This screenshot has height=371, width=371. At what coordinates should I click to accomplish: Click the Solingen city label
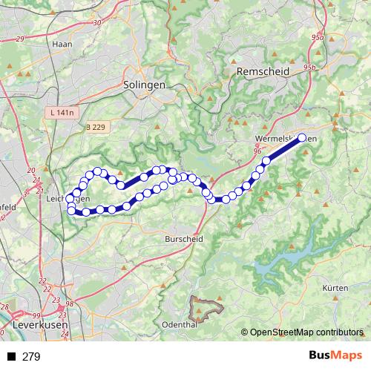click(x=145, y=85)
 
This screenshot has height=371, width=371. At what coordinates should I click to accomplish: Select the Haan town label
click(x=61, y=44)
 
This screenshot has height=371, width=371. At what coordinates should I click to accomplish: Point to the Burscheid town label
click(x=183, y=240)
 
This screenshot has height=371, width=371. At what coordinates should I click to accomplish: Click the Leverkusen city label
click(x=41, y=325)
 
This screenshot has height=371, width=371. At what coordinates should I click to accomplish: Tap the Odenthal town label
click(x=178, y=325)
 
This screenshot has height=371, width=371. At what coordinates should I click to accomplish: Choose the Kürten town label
click(x=335, y=287)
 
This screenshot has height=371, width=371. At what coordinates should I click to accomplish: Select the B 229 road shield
click(x=96, y=128)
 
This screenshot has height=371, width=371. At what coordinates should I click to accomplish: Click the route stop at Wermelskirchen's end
click(x=302, y=137)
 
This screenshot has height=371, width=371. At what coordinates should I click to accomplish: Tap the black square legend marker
click(x=12, y=357)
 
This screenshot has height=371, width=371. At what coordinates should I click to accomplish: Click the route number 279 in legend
click(x=31, y=357)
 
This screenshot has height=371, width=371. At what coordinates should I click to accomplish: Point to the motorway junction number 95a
click(x=318, y=37)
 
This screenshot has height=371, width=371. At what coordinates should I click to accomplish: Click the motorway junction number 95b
click(x=309, y=68)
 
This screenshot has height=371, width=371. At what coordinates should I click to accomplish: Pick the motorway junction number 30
click(x=97, y=23)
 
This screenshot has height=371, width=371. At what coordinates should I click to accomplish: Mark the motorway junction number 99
click(x=36, y=315)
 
